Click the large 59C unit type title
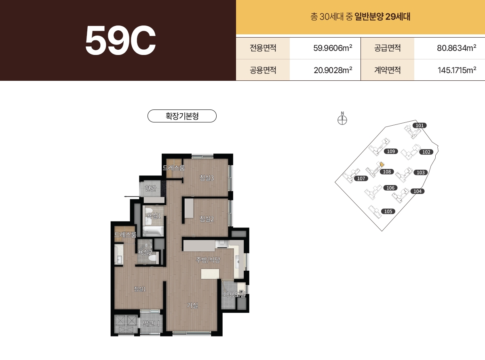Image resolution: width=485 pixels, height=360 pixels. coord(120,40)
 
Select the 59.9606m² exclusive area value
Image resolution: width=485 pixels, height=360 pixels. coord(333,48)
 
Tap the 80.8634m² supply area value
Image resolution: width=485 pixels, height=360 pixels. coord(456,48)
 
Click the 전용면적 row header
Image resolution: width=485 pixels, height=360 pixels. coord(263,48)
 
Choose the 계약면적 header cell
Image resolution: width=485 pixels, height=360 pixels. coord(387,70)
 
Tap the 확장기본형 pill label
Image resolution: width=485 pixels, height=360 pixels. coord(182,116)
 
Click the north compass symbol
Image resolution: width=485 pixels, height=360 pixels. coord(342,120)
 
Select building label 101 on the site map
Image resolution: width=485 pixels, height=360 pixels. coord(420,126)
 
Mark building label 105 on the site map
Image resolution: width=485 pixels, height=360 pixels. coord(388,211)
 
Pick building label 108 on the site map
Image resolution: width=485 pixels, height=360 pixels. coord(387,172)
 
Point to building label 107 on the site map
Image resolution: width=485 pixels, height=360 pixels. coord(361,178)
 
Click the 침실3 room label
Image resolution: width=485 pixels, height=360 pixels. coord(206,177)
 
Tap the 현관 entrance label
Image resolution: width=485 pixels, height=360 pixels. coord(150,187)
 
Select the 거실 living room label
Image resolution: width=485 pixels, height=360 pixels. coord(192,305)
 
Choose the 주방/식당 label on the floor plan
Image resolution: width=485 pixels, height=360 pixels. coord(208,260)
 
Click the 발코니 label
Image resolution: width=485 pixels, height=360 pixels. coord(151,324)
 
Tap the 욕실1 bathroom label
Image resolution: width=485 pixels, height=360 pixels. coord(154,216)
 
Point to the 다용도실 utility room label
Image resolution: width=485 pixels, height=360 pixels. coord(234,294)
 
